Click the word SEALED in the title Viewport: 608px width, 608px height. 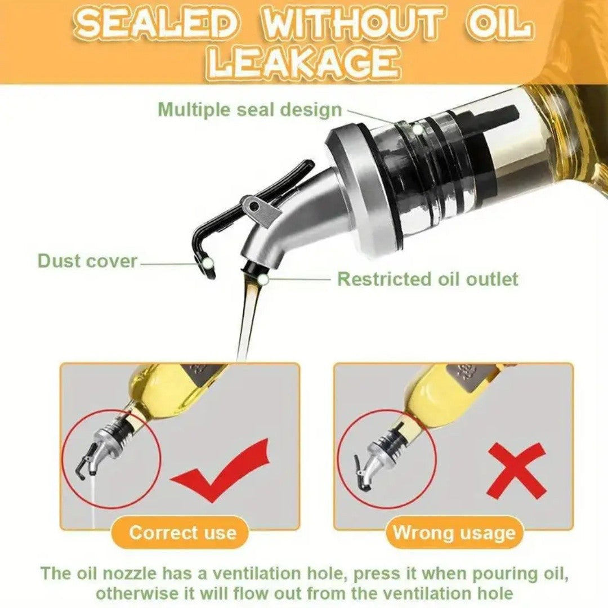click(155, 25)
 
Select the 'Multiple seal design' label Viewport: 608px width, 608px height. click(250, 109)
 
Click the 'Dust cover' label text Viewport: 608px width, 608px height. click(87, 261)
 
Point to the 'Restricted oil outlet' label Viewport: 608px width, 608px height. click(427, 279)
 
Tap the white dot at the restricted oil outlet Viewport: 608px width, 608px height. click(262, 279)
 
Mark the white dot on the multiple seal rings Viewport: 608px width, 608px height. click(417, 129)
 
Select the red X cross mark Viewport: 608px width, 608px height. click(516, 471)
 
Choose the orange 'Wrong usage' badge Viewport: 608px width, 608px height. click(454, 533)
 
